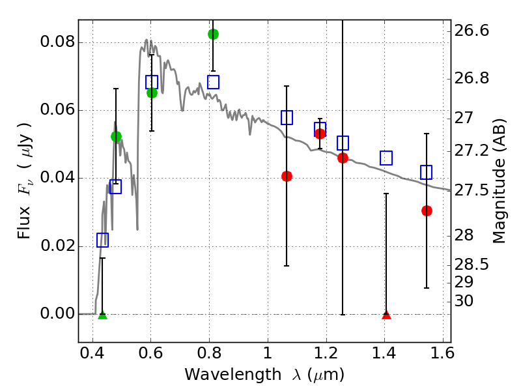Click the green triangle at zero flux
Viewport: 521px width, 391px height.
coord(102,315)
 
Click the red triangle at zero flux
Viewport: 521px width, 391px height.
coord(386,315)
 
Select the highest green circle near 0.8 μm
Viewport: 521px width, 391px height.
coord(213,34)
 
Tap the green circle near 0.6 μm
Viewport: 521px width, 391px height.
coord(152,93)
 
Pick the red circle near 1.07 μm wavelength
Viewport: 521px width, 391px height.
coord(287,176)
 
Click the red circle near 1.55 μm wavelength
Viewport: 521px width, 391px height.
coord(427,210)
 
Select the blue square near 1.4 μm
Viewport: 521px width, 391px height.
coord(386,158)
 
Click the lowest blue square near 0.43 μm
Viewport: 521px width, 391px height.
coord(102,240)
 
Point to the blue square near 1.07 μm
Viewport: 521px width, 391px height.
coord(287,117)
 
